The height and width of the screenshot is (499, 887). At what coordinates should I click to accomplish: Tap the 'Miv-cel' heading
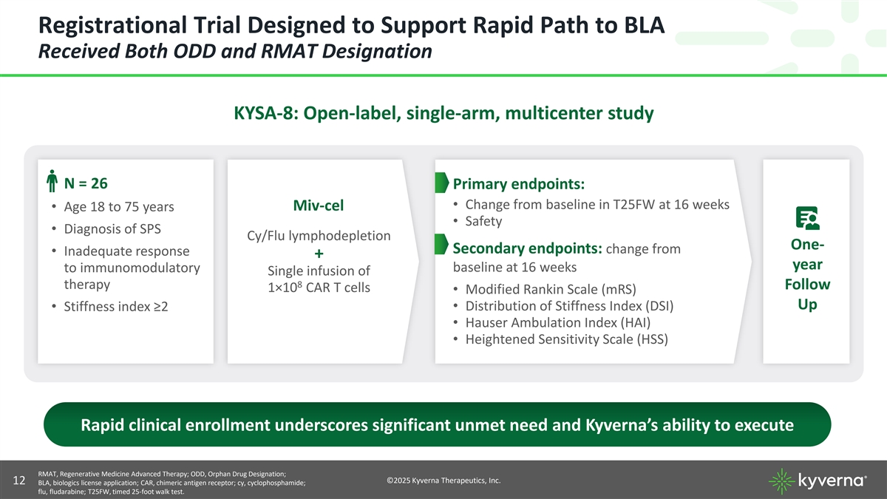(x=319, y=204)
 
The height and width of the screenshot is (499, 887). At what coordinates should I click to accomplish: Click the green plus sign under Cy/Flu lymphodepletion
(x=319, y=254)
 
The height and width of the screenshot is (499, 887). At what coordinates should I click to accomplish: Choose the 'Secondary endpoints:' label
(x=528, y=248)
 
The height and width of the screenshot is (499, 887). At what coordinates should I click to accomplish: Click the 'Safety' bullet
(x=483, y=221)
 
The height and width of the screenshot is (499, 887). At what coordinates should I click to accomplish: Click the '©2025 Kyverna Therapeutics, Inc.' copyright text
(x=443, y=481)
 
